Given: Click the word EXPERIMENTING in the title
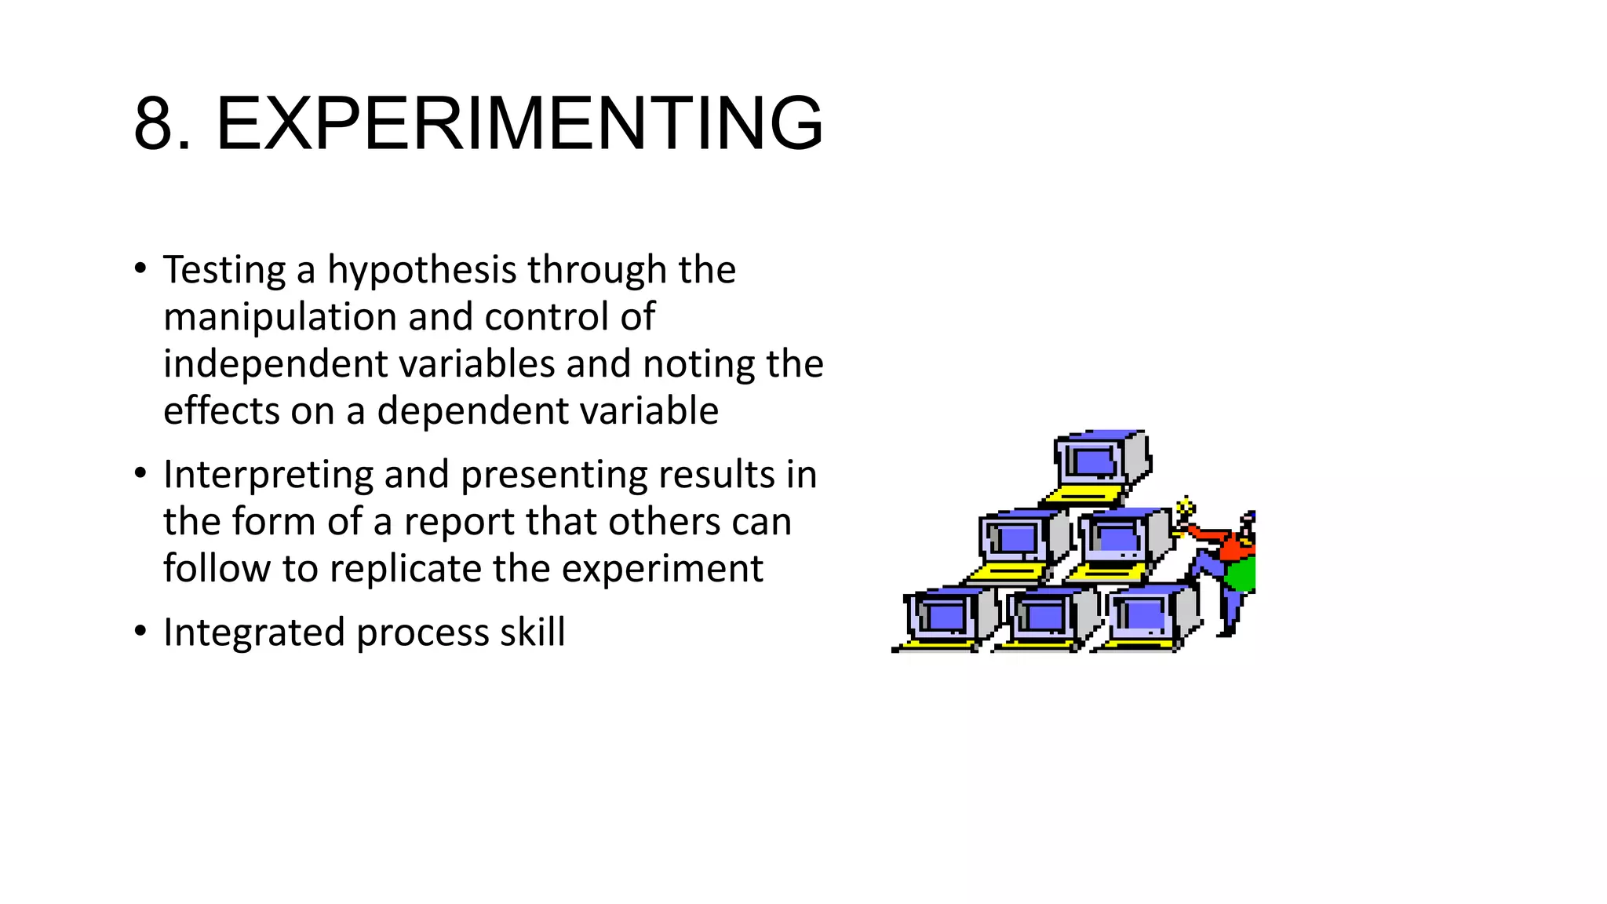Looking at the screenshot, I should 519,124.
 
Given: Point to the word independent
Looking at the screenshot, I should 275,364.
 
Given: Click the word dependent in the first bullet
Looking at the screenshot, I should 467,411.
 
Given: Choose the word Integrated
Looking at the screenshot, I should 253,632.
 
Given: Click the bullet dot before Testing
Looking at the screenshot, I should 140,268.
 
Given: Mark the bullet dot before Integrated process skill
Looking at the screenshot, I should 140,631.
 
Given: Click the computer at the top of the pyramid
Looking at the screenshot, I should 1099,458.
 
